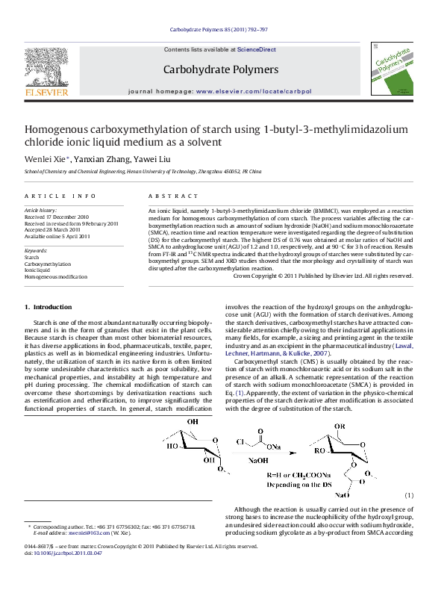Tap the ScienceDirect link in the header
[x=257, y=49]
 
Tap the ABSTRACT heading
[x=172, y=195]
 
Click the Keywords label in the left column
[x=36, y=250]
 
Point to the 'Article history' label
[x=41, y=211]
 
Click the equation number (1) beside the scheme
[x=409, y=495]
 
